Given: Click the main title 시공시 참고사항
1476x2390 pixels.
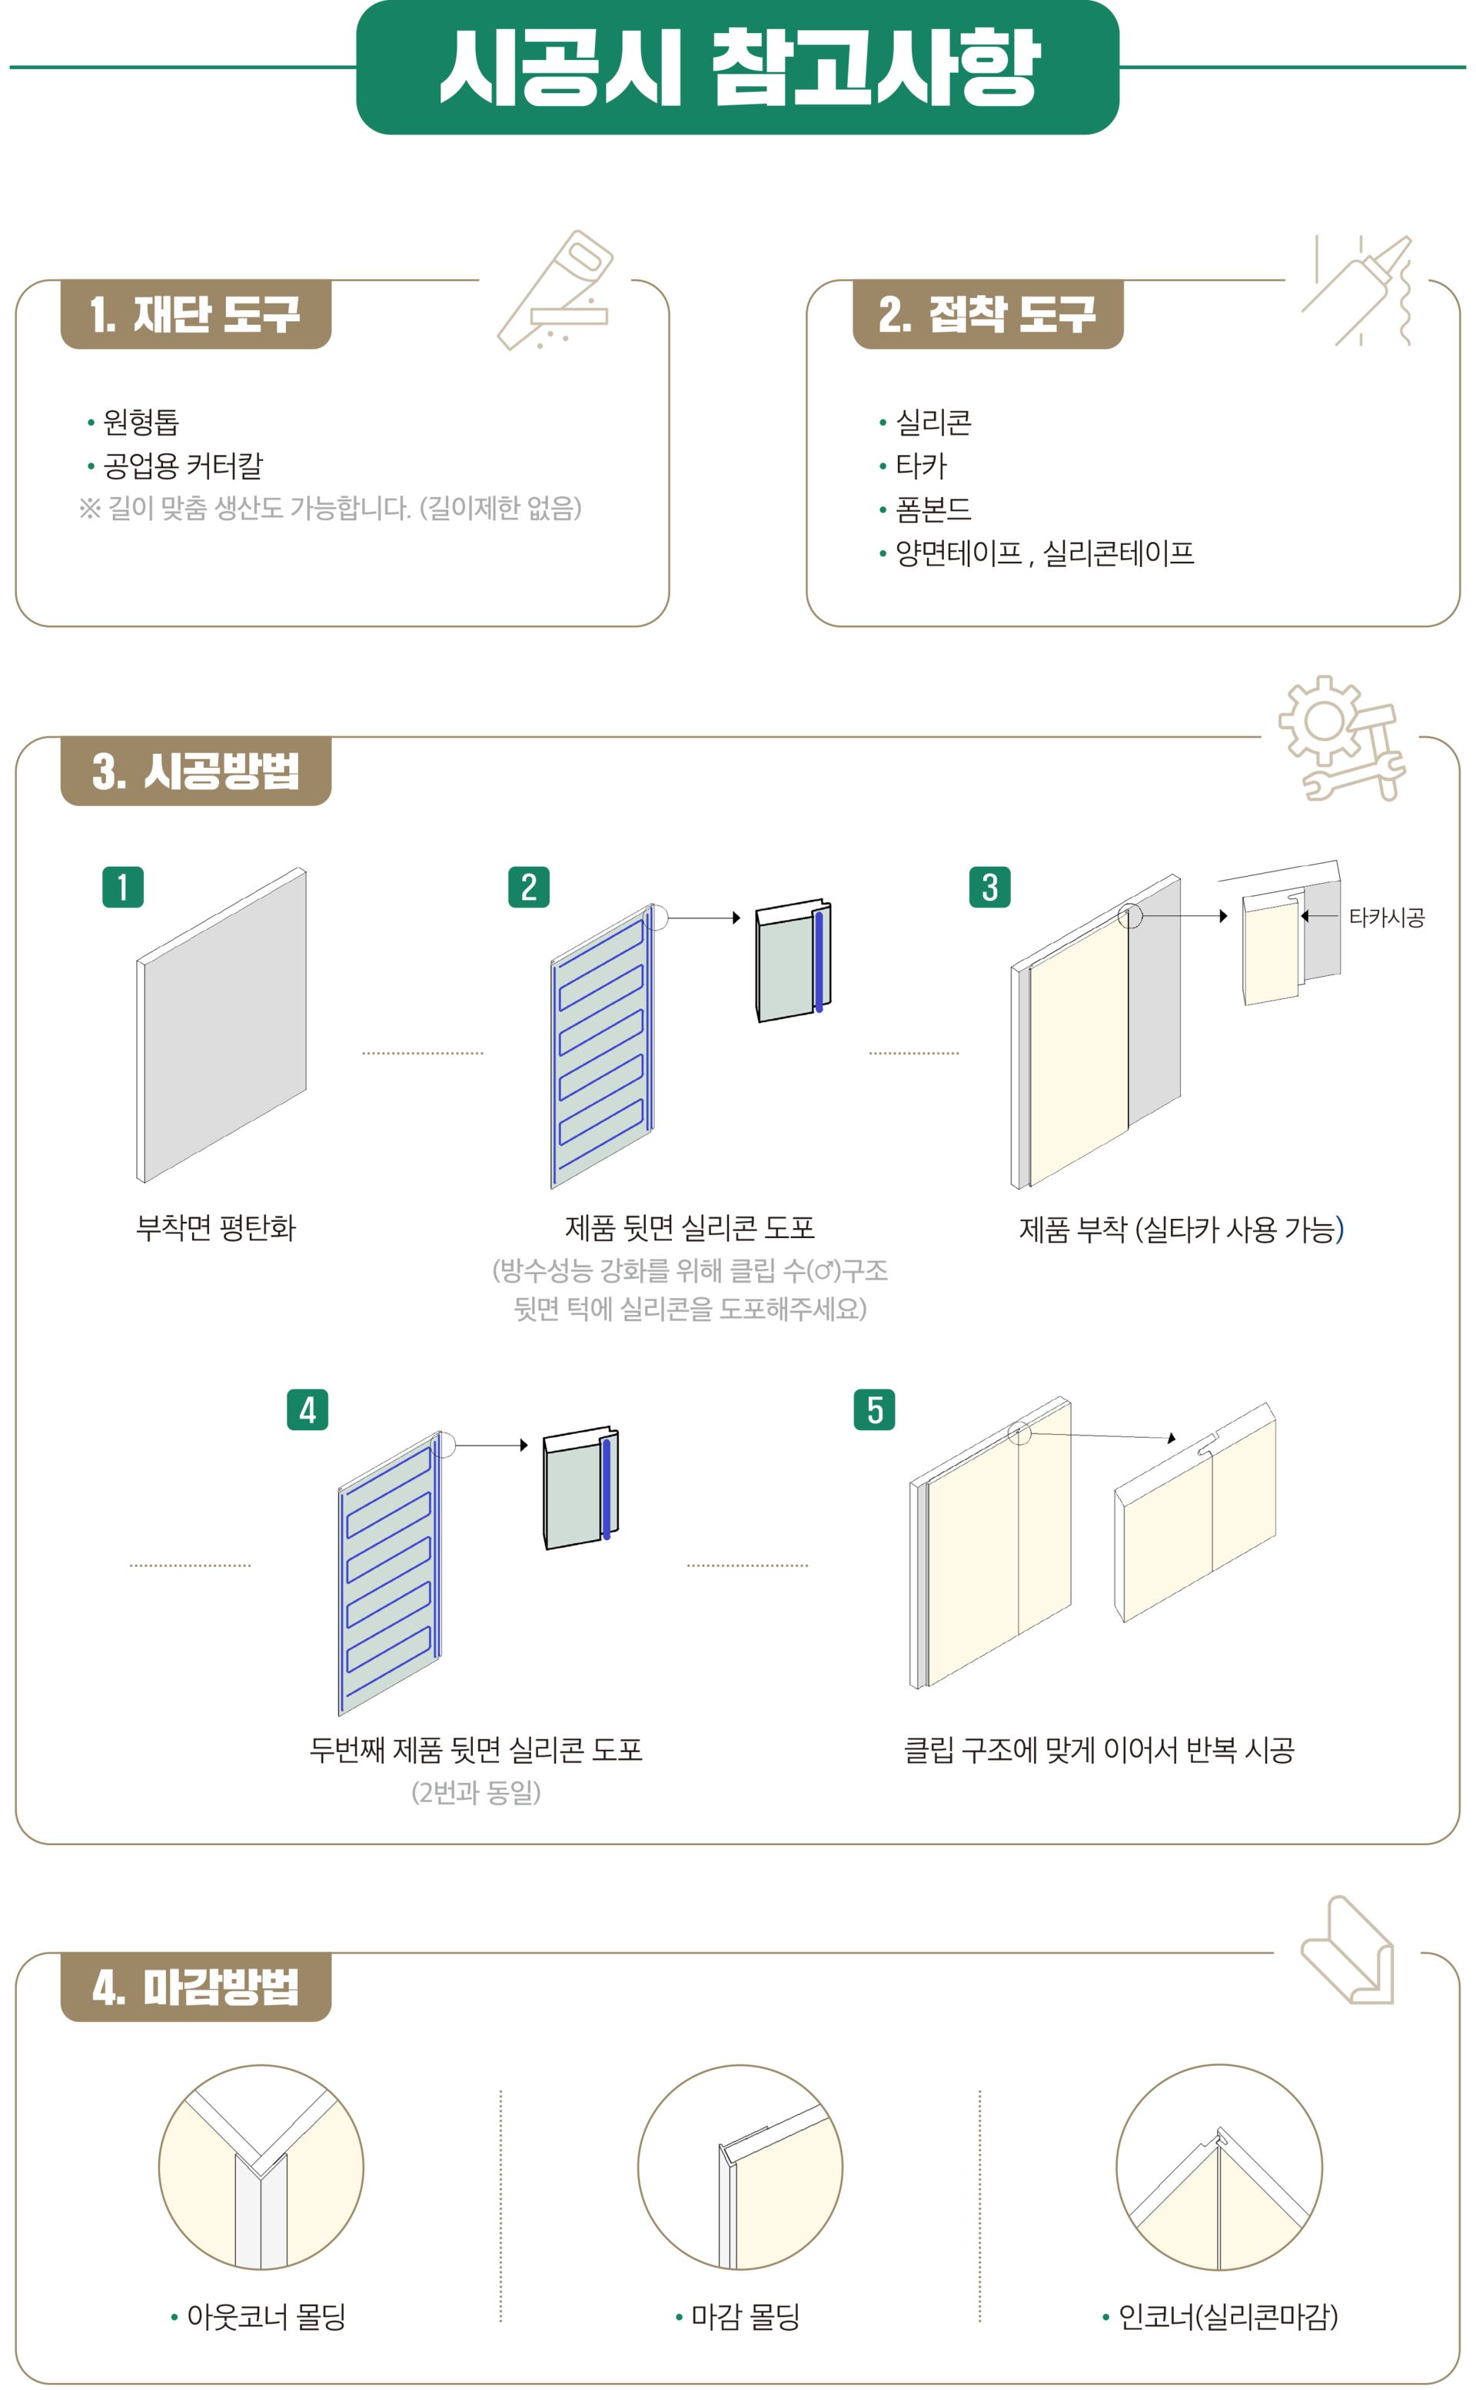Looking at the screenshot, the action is point(739,68).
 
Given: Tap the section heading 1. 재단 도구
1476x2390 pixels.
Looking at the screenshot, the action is point(195,314).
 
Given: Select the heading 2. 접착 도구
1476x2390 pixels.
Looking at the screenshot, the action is point(987,314).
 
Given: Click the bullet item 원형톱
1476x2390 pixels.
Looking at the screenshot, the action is point(141,423).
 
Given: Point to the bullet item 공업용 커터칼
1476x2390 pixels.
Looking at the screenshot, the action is point(182,466).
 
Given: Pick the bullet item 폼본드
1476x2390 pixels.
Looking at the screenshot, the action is point(933,509).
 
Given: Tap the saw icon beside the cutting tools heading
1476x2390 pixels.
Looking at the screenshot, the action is point(554,290).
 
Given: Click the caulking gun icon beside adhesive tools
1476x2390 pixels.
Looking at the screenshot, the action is point(1357,290).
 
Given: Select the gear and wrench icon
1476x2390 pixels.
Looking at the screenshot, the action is point(1342,739).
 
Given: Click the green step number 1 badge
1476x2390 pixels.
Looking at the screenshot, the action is point(123,887).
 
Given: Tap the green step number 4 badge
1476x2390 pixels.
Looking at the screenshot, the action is point(307,1409).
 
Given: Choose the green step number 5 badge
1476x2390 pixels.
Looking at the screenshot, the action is point(875,1409).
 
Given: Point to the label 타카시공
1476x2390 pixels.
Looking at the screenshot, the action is point(1386,918).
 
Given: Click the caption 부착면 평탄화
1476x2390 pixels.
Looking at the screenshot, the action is point(216,1228).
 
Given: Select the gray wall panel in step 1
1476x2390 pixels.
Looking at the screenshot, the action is point(221,1024).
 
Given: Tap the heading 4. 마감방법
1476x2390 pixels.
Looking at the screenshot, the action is point(195,1987).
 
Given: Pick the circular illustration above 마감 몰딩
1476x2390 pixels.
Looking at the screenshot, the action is point(740,2167).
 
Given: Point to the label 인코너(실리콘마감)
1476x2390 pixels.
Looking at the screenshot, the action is point(1227,2315).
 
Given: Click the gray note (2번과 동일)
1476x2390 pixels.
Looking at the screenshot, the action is point(477,1792).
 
